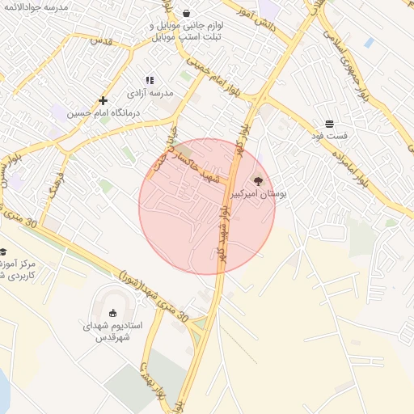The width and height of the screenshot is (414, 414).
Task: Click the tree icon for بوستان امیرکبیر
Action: click(258, 181)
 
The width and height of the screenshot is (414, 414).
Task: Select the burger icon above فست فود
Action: click(330, 124)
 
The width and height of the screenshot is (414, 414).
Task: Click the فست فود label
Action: click(330, 137)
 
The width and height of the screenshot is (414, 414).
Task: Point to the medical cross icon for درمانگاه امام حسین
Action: click(103, 101)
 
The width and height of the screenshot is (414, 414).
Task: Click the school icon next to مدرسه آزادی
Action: click(149, 80)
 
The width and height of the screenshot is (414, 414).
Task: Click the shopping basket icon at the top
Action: click(188, 14)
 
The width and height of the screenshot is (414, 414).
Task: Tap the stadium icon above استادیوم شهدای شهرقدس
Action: click(112, 313)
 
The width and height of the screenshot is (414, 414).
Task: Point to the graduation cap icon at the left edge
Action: click(2, 251)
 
